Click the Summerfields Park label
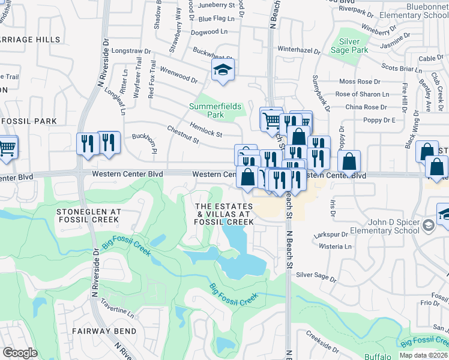tap(215, 110)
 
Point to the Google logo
tap(20, 353)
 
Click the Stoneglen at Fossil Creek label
tap(88, 216)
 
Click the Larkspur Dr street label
tap(331, 235)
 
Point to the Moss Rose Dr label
tap(360, 82)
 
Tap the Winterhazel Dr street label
tap(298, 50)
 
